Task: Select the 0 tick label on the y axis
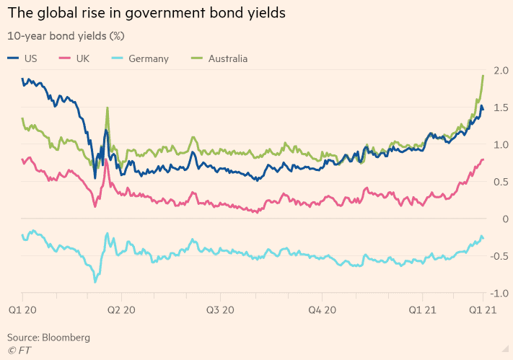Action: pyautogui.click(x=505, y=219)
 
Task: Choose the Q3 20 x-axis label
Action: pyautogui.click(x=221, y=309)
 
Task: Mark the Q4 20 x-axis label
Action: pyautogui.click(x=322, y=309)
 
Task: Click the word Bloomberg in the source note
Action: pyautogui.click(x=66, y=337)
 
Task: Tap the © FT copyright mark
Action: pyautogui.click(x=19, y=350)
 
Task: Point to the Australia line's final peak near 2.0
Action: pyautogui.click(x=483, y=76)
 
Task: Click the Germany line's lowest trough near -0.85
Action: pyautogui.click(x=95, y=282)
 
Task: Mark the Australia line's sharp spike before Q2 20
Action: pyautogui.click(x=108, y=108)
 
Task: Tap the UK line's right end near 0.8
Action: pyautogui.click(x=483, y=159)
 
